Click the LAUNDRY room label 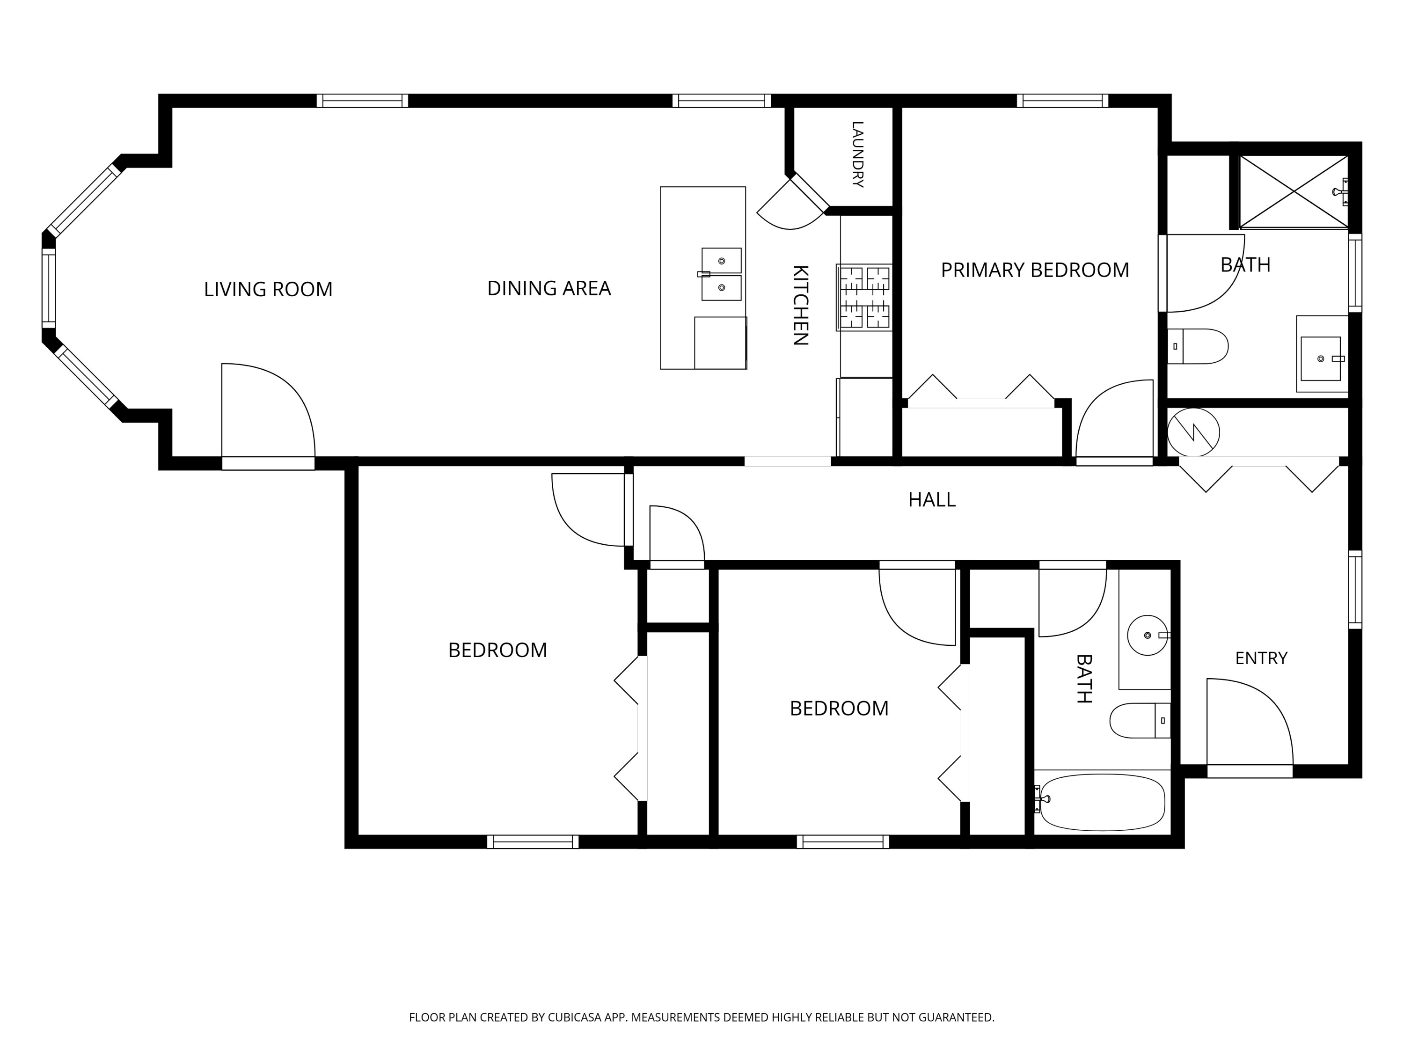coord(857,154)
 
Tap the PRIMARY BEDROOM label coord(1035,271)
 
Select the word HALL coord(932,500)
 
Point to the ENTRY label coord(1261,658)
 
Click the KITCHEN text coord(800,305)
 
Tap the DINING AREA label coord(549,289)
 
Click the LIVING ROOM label coord(268,289)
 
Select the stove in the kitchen coord(864,298)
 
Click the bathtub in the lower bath coord(1103,802)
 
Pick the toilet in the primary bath coord(1198,347)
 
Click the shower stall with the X coord(1293,192)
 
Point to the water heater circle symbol coord(1193,432)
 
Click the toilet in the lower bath coord(1140,720)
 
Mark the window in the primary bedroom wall coord(1062,100)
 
